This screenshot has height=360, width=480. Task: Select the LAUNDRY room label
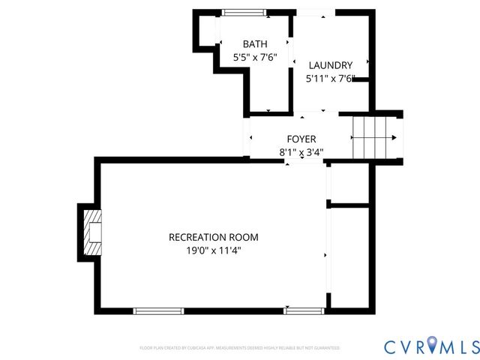coord(329,65)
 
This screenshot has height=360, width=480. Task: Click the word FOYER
coord(301,139)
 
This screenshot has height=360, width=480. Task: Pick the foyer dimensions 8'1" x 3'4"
coord(302,152)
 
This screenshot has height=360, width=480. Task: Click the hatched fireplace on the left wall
coord(92,230)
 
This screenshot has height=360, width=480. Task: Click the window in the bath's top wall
coord(244,12)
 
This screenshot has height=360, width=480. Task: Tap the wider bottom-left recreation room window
coord(158,310)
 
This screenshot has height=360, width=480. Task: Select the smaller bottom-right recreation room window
coord(304,310)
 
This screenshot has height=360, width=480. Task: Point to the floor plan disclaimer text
coord(239,348)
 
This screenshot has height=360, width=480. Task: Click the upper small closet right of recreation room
coord(349,183)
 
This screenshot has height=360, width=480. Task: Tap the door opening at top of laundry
coord(313,12)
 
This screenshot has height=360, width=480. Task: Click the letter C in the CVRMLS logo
coord(392,346)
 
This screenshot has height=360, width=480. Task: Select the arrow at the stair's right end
coord(395,138)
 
